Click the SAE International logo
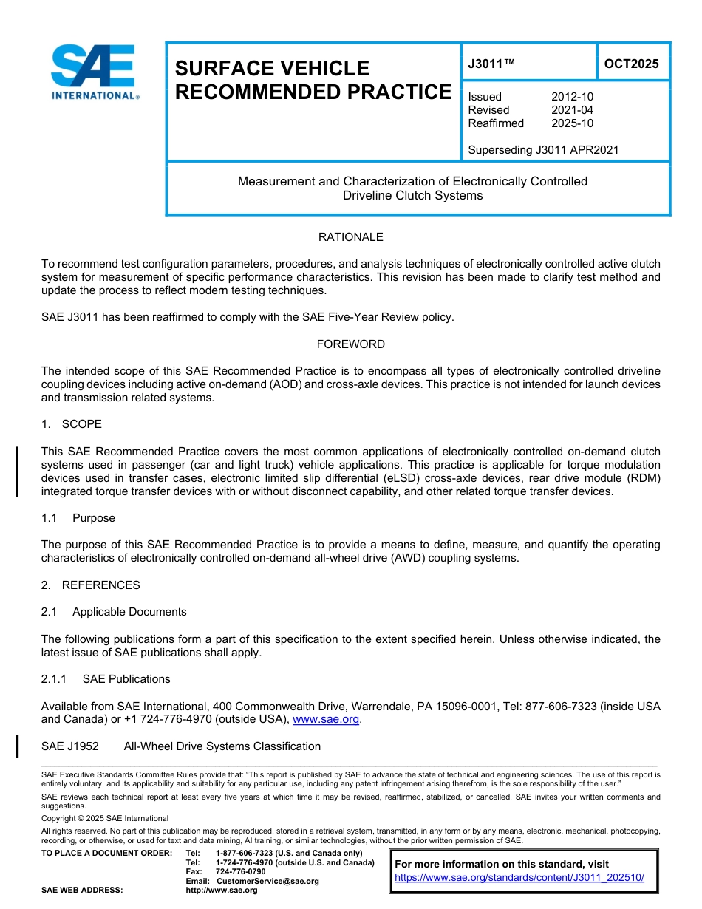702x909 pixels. (x=93, y=72)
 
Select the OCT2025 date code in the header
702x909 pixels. (x=631, y=64)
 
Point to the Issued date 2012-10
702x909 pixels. (x=572, y=97)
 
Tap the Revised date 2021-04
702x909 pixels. (x=572, y=110)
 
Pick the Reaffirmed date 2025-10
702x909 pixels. (x=572, y=123)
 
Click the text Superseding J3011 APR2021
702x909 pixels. (x=543, y=150)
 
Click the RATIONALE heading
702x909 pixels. (x=350, y=237)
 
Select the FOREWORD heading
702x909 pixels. (x=350, y=344)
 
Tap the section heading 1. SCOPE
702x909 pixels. (x=72, y=424)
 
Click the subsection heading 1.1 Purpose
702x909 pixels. (x=78, y=518)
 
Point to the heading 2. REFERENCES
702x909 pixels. (x=90, y=585)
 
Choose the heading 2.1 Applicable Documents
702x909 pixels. (x=114, y=612)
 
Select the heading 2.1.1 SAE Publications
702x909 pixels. (x=106, y=679)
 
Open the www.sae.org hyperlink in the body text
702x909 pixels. (x=326, y=719)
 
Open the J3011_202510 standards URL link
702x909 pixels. (x=519, y=877)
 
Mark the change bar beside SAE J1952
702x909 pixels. (x=17, y=746)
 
